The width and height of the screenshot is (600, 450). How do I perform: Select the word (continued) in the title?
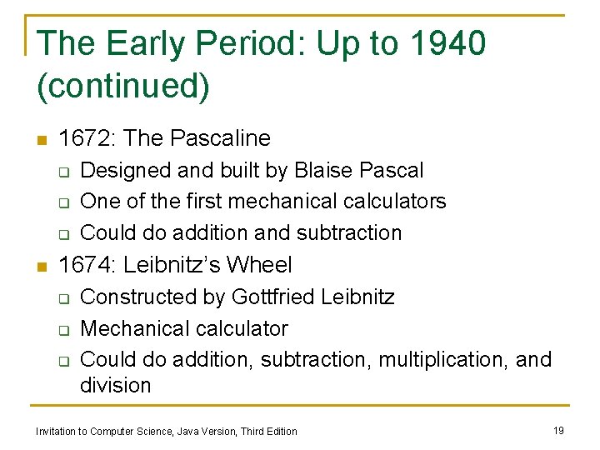(123, 86)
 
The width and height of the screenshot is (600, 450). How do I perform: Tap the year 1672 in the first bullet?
(86, 138)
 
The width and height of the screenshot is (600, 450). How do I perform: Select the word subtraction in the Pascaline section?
(351, 232)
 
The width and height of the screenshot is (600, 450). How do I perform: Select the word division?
(115, 386)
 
